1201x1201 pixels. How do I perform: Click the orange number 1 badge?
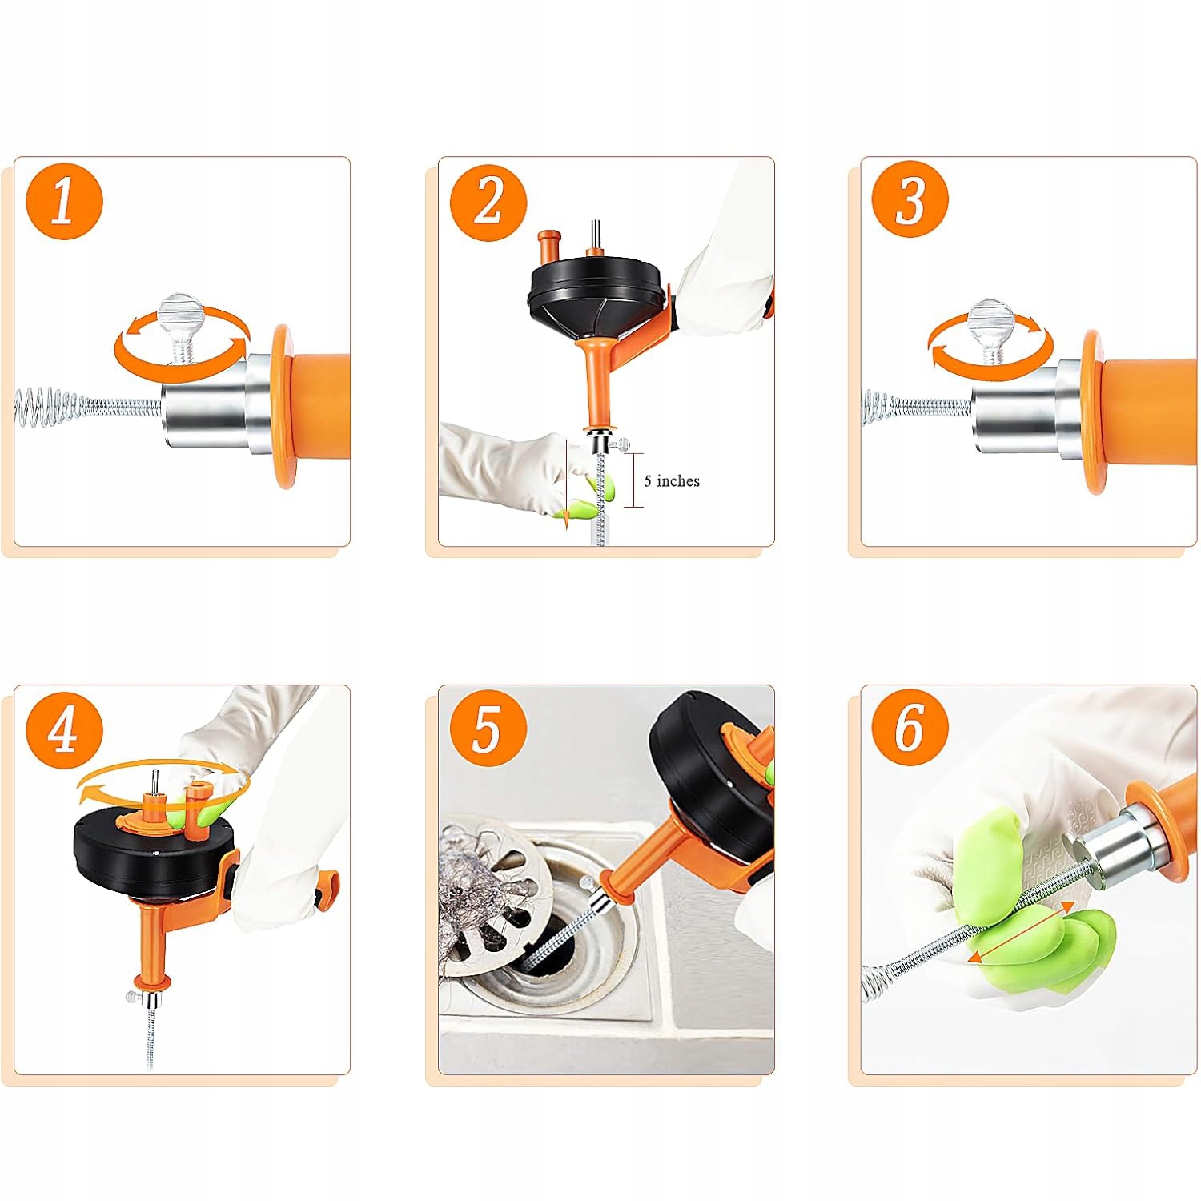pos(64,201)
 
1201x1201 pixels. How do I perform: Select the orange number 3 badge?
pos(910,199)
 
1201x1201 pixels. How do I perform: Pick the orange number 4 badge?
pos(64,730)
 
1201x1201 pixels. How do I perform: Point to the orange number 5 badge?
pos(488,728)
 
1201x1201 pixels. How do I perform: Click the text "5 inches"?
pos(672,480)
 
